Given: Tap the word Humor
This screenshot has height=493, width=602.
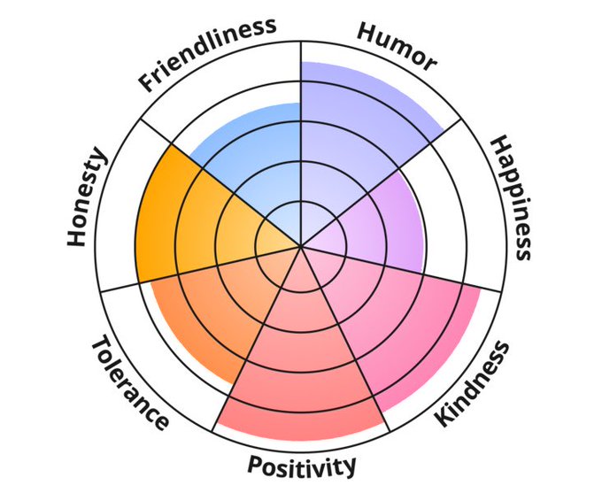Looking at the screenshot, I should point(397,46).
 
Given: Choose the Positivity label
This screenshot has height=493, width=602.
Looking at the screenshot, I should point(301,466).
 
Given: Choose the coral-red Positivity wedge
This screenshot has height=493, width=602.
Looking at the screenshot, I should point(301,372).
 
